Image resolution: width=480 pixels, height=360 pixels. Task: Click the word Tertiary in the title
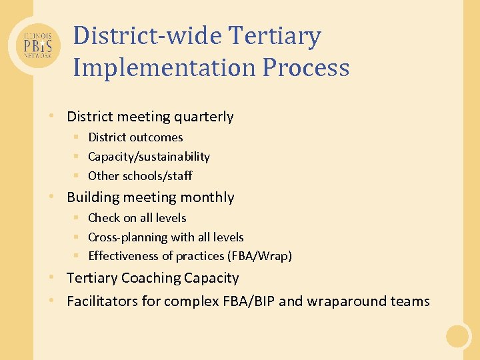[x=280, y=36]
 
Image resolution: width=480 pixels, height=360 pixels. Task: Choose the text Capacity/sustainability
[x=149, y=157]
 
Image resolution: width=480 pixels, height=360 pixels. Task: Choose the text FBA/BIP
[x=247, y=301]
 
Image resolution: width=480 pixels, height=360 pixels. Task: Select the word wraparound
[x=339, y=301]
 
